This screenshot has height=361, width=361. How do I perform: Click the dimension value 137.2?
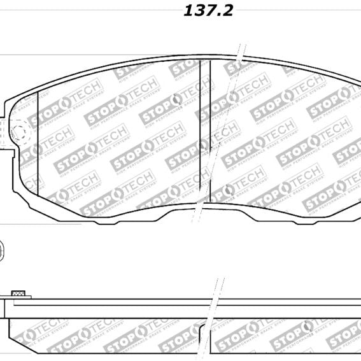pyautogui.click(x=199, y=11)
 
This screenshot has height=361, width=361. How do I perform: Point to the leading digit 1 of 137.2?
pyautogui.click(x=188, y=11)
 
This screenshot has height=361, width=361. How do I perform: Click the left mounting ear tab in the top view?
pyautogui.click(x=8, y=137)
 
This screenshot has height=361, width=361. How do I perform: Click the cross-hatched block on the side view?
pyautogui.click(x=18, y=294)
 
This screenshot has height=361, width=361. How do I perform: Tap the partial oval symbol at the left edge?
pyautogui.click(x=2, y=248)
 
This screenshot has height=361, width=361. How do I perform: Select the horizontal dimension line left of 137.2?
pyautogui.click(x=89, y=11)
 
